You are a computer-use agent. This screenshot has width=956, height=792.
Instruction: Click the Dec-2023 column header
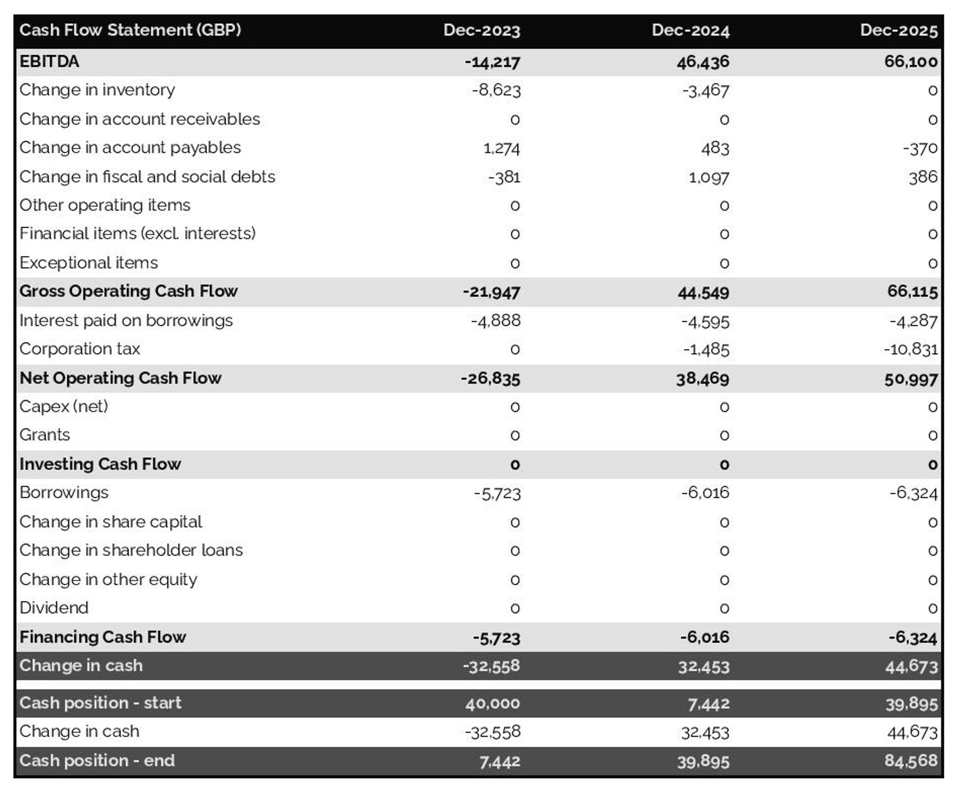(481, 30)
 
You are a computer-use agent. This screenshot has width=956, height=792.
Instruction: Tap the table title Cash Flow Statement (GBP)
(130, 30)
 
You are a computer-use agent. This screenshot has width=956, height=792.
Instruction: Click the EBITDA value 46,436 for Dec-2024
(702, 62)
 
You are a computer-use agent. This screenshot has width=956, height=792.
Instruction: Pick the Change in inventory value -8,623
(496, 90)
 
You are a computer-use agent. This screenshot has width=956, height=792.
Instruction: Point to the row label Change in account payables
(130, 148)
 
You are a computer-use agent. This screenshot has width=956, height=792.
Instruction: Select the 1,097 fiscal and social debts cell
(709, 177)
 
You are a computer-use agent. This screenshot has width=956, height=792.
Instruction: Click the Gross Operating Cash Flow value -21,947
(491, 292)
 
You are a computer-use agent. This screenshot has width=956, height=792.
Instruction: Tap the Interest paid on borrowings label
(126, 321)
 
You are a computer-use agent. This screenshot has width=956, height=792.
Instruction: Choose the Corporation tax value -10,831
(910, 350)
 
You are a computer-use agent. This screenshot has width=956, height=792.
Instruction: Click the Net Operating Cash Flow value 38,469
(702, 379)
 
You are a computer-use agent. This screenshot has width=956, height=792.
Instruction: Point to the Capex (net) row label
(64, 407)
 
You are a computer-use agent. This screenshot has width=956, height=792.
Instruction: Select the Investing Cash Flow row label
(100, 464)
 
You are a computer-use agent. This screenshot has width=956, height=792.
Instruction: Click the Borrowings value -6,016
(705, 493)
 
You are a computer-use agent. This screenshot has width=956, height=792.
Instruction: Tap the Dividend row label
(54, 608)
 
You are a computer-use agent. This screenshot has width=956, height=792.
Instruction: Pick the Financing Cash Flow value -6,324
(912, 637)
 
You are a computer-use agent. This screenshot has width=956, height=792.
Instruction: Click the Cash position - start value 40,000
(492, 703)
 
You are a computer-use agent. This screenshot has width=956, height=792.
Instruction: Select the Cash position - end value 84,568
(910, 761)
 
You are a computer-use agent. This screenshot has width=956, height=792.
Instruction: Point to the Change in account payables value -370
(920, 148)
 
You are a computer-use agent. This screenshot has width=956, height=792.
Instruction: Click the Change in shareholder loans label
(131, 550)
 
